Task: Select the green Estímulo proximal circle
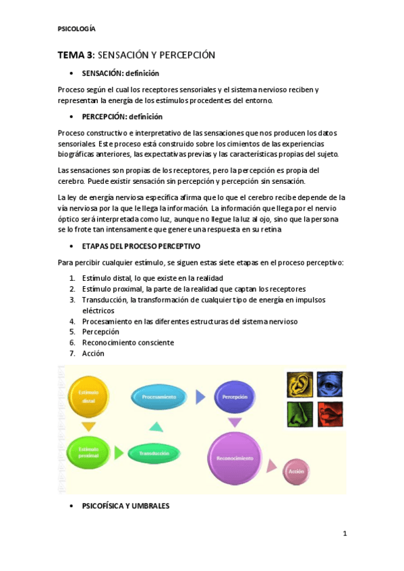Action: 88,453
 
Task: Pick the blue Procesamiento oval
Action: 159,397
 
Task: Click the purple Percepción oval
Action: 234,397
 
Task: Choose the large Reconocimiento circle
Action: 235,458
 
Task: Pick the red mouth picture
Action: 330,415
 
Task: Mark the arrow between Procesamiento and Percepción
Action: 200,397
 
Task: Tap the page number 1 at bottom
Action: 344,534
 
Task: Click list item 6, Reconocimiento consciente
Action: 127,342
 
